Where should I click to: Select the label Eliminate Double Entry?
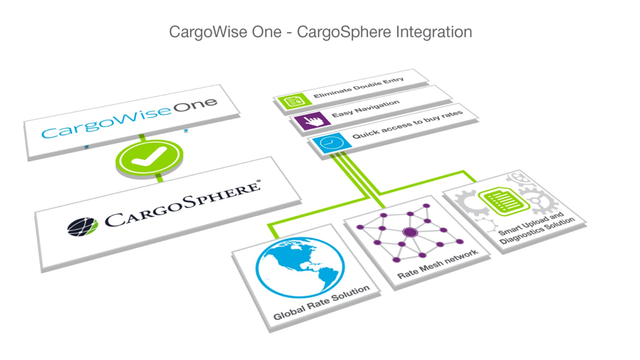(x=359, y=88)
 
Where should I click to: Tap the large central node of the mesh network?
(x=410, y=232)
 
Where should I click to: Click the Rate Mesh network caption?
(x=437, y=264)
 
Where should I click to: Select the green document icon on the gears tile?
(x=497, y=201)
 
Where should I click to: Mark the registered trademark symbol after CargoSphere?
(x=259, y=182)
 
